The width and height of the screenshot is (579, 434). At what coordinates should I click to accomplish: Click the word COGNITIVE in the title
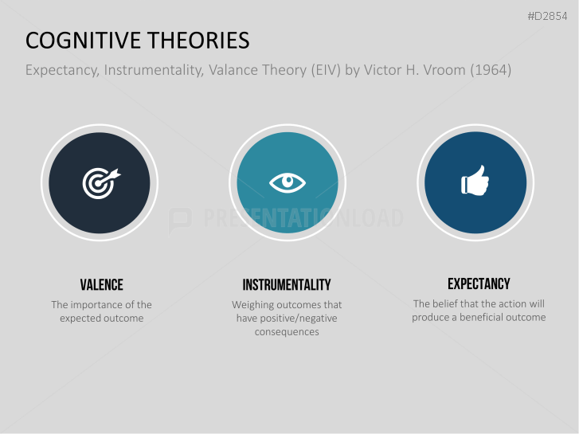tap(78, 41)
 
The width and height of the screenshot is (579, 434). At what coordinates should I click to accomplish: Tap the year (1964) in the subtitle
tap(491, 70)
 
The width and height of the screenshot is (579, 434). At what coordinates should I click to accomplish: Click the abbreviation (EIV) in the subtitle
tap(321, 70)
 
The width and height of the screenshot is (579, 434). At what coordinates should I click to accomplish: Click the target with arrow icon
tap(99, 182)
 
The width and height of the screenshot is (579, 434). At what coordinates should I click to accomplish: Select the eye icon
tap(287, 182)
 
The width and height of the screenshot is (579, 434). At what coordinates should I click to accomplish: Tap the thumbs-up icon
tap(475, 182)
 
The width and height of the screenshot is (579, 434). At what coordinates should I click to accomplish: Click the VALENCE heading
tap(101, 285)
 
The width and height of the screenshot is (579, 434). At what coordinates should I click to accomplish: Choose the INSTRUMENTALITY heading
tap(287, 285)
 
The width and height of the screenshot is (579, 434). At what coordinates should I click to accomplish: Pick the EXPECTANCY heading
tap(479, 283)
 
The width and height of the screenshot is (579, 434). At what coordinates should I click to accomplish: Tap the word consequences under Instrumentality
tap(287, 332)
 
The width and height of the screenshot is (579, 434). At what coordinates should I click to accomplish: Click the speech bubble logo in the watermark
tap(180, 219)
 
